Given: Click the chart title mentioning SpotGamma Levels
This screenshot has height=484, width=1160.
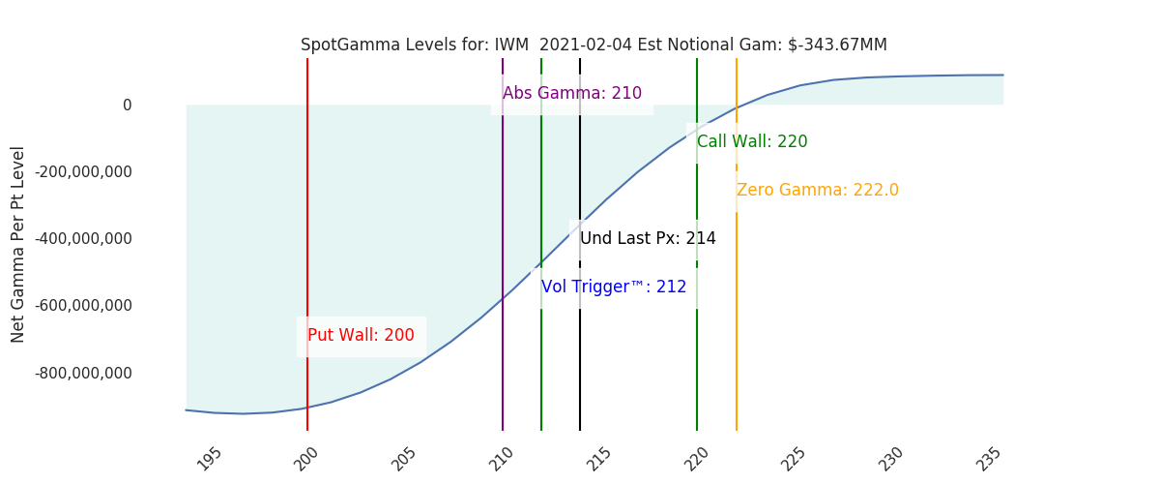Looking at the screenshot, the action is coord(594,45).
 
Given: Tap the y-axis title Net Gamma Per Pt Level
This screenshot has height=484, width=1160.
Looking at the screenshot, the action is coord(17,244).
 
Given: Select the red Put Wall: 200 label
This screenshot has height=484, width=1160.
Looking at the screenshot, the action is coord(361,335).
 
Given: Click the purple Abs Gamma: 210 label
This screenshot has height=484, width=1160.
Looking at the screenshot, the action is coord(572,93).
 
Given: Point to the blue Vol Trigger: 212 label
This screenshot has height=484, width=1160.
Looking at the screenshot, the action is coord(614,287).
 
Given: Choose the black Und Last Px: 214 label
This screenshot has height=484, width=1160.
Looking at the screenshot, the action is coord(648,238).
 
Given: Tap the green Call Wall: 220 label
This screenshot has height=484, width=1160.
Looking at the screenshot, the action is coord(752,141).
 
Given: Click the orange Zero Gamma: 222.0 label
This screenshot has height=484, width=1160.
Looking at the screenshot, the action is coord(818,190).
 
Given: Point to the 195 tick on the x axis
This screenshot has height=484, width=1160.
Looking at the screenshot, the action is coord(210,459).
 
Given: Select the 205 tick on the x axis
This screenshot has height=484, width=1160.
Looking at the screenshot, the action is coord(404,459).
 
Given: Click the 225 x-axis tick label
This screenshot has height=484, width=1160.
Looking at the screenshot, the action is coord(794,459).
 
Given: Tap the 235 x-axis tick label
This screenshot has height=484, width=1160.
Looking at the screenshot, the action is coord(989,459).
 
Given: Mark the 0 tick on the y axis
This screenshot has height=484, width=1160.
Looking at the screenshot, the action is coord(128,106).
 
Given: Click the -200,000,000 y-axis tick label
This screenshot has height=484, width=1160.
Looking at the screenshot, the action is coord(83,171).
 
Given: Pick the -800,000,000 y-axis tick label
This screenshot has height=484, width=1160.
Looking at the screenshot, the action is coord(83,373).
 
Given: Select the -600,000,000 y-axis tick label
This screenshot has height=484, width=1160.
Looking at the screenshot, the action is coord(83,306).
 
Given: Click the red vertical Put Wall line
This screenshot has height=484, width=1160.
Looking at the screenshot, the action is coord(307,244).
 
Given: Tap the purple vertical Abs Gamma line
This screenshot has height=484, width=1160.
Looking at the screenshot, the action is coord(503,244).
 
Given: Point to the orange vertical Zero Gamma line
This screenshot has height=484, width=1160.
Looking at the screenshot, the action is coord(737,244).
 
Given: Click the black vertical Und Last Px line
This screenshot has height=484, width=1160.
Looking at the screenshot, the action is coord(580,244).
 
